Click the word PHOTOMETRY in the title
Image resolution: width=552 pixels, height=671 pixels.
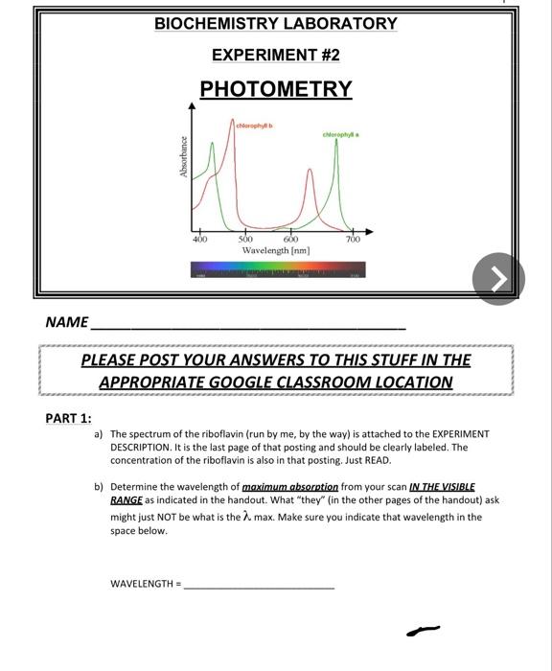pyautogui.click(x=276, y=89)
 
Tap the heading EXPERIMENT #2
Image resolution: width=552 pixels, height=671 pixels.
pyautogui.click(x=276, y=55)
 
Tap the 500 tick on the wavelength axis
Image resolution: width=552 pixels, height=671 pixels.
pyautogui.click(x=245, y=239)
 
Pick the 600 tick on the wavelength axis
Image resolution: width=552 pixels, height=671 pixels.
pyautogui.click(x=291, y=239)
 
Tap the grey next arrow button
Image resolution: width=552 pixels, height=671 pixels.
pyautogui.click(x=499, y=279)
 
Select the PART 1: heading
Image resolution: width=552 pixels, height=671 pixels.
pyautogui.click(x=69, y=418)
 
